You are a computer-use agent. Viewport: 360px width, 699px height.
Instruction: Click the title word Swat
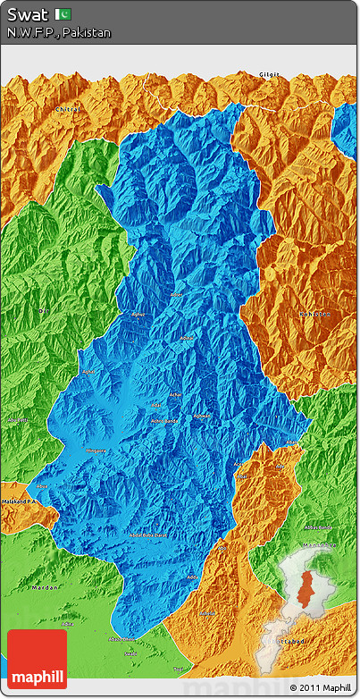(x=27, y=14)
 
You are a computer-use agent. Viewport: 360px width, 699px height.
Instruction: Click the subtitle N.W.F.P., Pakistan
(x=59, y=32)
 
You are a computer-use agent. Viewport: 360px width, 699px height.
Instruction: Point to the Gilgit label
(x=268, y=74)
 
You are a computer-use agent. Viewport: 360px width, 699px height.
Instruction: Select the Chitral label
(x=68, y=109)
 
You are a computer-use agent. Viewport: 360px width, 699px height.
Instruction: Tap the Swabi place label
(x=131, y=653)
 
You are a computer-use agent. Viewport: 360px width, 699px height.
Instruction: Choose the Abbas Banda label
(x=317, y=526)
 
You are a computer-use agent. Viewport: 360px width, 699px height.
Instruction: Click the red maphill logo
(x=37, y=659)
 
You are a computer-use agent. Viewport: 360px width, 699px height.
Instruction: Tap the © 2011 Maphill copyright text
(x=319, y=687)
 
